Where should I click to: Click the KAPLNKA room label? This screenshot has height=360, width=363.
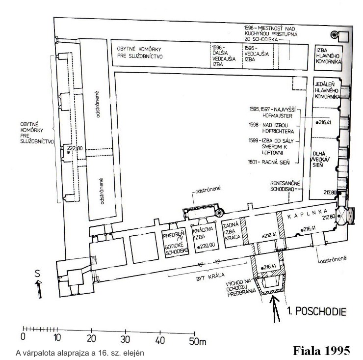coord(308,214)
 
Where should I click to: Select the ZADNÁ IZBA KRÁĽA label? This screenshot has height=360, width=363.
coord(231,231)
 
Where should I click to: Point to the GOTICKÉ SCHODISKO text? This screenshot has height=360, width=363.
coord(177,249)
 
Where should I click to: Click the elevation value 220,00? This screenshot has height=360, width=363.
coord(206,246)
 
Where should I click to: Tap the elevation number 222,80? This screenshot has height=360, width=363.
coord(75,148)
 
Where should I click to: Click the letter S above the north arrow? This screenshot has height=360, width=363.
coord(37,274)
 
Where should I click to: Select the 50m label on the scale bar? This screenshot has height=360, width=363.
coord(198,341)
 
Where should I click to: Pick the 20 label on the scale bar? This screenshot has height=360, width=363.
coord(91,339)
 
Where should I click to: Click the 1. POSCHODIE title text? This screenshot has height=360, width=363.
coord(316,311)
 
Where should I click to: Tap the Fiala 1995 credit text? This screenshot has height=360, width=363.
coord(321,351)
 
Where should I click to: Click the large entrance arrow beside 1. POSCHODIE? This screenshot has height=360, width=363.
coord(275,309)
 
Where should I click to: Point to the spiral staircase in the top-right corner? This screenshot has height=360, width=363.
coord(334,35)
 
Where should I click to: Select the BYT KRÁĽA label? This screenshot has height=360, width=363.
coord(210,277)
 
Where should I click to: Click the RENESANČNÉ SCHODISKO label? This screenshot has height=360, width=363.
coord(285,186)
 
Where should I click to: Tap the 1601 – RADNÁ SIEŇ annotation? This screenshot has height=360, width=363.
coord(269,162)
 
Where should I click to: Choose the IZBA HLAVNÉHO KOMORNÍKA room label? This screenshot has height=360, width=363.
coord(328,56)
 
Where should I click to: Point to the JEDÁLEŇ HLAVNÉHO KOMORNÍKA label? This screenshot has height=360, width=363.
coord(327,90)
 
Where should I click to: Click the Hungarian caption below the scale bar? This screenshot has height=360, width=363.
coord(80,353)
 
